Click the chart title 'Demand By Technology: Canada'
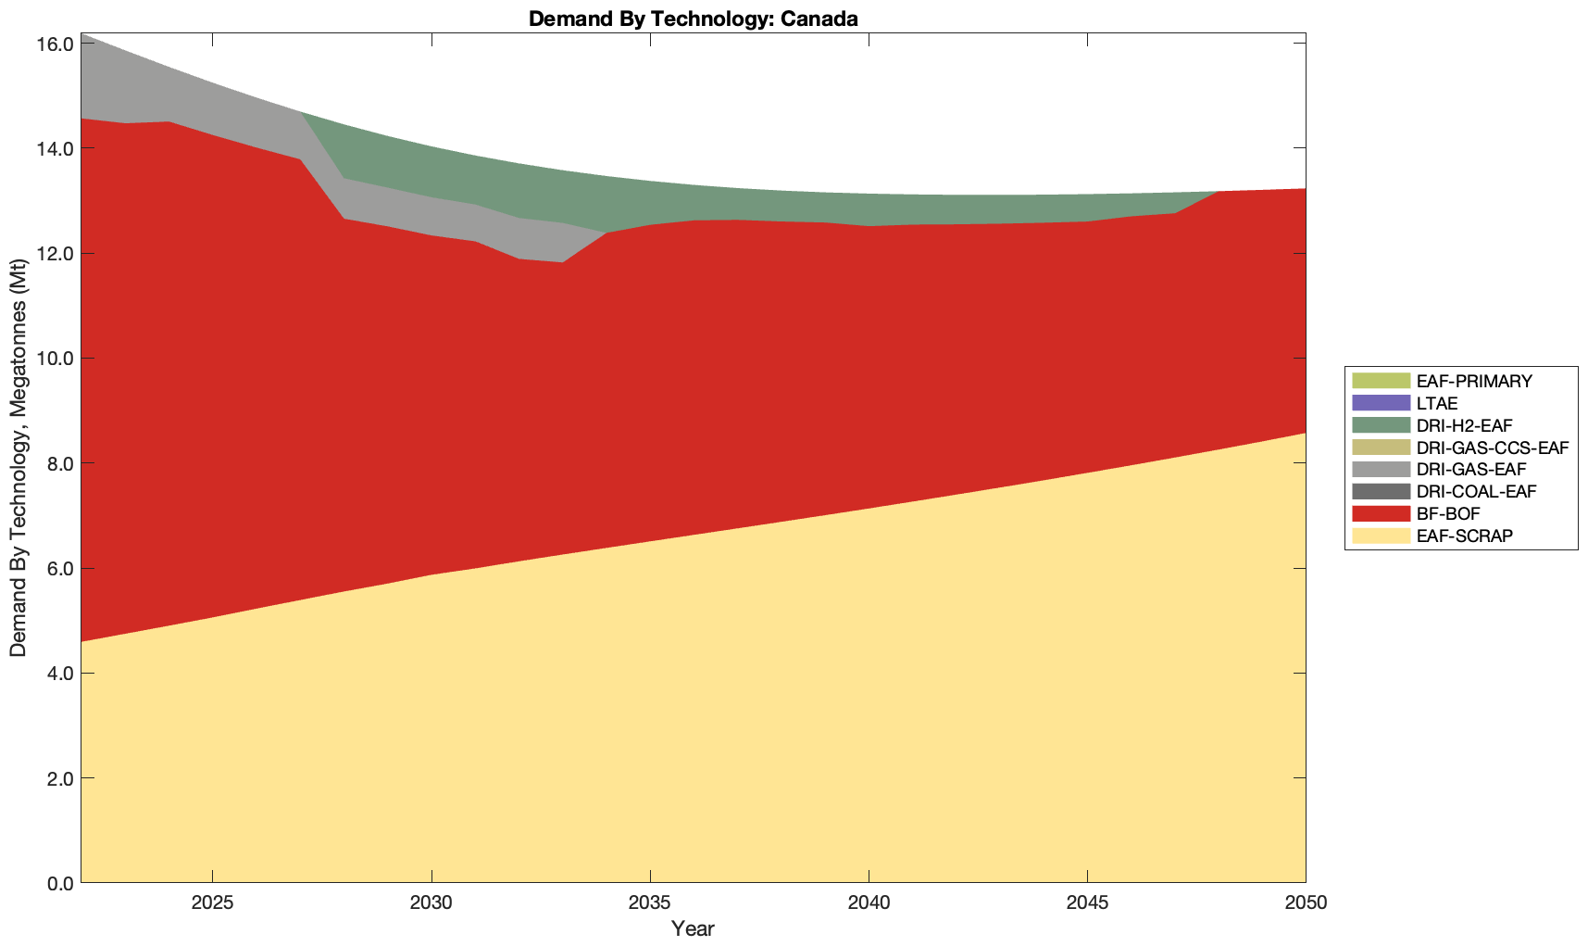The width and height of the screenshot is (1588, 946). click(693, 18)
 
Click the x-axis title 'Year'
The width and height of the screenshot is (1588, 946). click(693, 928)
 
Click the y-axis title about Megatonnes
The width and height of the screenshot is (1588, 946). click(19, 458)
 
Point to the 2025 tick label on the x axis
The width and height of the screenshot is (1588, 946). click(213, 903)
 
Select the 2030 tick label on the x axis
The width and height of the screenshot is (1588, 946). click(431, 903)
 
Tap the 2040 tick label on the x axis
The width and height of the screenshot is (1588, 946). click(869, 903)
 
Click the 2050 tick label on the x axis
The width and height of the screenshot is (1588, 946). click(1306, 903)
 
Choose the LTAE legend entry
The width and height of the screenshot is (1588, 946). click(1437, 403)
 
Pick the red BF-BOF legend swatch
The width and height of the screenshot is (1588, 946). click(1381, 513)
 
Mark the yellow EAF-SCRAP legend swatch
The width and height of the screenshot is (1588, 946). click(1381, 536)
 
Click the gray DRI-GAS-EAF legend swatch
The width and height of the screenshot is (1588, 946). click(1381, 469)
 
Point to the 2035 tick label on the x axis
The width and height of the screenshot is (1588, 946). click(650, 903)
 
